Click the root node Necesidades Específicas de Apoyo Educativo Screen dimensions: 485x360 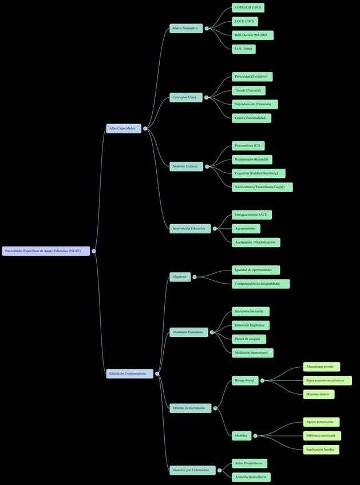pos(46,251)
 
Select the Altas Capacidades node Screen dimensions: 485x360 pos(123,129)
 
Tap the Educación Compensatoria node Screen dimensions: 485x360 pos(129,373)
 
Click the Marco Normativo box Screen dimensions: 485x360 pos(185,28)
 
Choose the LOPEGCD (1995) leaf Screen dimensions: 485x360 pos(248,7)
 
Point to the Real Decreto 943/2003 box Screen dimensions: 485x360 pos(252,35)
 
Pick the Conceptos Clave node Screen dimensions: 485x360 pos(185,97)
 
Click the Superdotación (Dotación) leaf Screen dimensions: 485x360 pos(255,104)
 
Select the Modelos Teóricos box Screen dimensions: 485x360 pos(185,166)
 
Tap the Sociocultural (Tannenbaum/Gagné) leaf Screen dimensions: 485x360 pos(262,187)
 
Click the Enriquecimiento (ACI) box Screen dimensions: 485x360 pos(251,215)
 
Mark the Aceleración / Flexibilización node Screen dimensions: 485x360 pos(256,242)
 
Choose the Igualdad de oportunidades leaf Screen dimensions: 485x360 pos(256,270)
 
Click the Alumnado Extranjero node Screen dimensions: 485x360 pos(188,332)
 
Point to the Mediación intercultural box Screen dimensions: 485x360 pos(252,353)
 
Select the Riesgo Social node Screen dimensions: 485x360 pos(244,380)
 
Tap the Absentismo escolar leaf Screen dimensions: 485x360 pos(321,367)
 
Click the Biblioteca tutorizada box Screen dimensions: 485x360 pos(322,436)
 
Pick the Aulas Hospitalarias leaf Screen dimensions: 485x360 pos(249,463)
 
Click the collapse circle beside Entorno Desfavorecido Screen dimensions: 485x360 pos(215,408)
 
